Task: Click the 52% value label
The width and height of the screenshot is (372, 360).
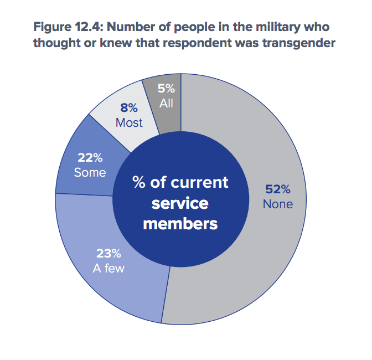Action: pos(277,189)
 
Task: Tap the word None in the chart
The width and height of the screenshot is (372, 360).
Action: pos(277,204)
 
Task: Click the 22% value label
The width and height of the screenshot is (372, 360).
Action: pos(90,158)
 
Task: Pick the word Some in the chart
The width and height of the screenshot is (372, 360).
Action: pos(90,172)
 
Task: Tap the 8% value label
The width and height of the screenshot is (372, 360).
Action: pos(129,109)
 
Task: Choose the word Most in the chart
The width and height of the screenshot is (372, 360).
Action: pos(129,122)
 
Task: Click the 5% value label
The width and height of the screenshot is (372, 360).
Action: pos(166,88)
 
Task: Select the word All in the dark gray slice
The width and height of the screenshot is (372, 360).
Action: pos(166,102)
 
